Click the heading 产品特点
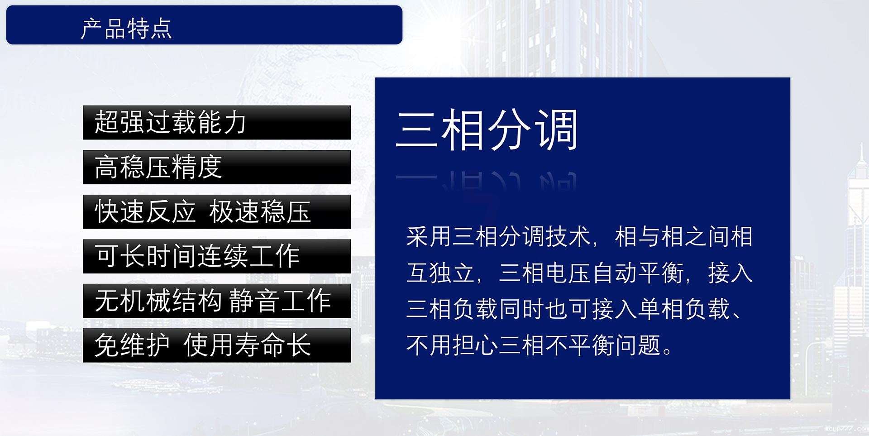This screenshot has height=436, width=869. coord(126,28)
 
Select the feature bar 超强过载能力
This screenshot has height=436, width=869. coord(216,122)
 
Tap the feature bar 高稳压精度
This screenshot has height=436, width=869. coord(216,167)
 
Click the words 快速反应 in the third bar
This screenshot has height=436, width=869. coord(145,212)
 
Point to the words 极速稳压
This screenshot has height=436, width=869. coord(260,212)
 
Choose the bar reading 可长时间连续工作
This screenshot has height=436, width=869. coord(216,256)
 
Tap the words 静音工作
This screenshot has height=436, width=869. coord(280,301)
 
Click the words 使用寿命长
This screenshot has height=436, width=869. coord(247,345)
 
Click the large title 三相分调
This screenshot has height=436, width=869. coord(487,130)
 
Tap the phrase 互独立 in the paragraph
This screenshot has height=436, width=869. coord(440,273)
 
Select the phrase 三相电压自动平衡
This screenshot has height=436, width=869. coord(591,273)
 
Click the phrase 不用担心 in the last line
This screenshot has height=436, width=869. coord(451,345)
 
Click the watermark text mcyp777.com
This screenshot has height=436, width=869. coord(845,428)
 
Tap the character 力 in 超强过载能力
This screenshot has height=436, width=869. coord(234,122)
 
